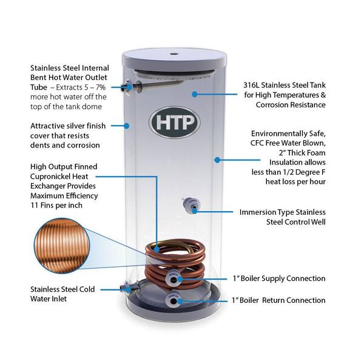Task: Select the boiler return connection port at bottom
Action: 174,300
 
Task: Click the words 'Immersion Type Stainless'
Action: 283,212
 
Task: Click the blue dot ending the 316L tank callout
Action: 194,94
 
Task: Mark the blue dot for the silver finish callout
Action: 127,126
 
